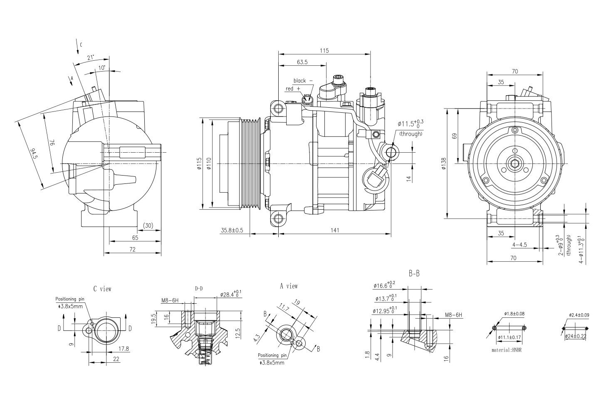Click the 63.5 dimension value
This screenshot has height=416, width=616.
pos(302,62)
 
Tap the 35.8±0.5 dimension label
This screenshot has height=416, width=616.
pos(232,230)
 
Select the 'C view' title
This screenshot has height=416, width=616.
pos(102,288)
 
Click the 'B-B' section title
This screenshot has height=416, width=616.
pos(414,274)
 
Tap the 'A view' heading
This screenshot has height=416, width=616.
pos(289,286)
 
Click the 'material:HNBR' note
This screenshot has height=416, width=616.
pos(506,350)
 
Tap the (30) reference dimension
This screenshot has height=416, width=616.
pos(148,225)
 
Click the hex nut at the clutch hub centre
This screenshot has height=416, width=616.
pos(515,163)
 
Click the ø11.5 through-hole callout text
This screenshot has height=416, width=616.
pos(410,124)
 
